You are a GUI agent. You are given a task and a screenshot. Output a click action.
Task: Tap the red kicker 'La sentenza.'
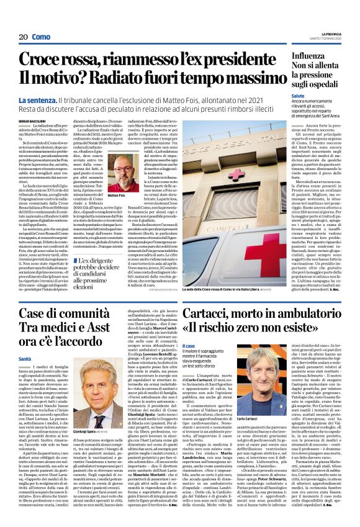tap(39, 100)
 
